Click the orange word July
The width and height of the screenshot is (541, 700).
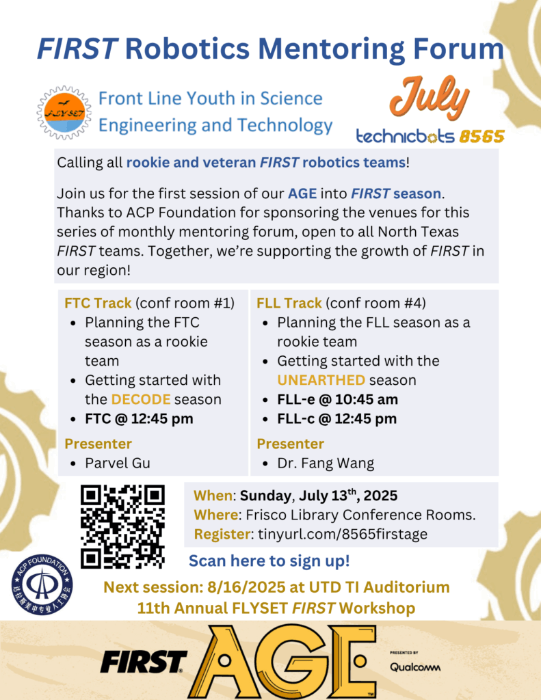pos(429,98)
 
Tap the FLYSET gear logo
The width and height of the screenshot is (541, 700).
pos(64,113)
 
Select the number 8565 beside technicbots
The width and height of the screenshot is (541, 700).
pos(482,136)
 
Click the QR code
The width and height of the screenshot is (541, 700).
pos(122,526)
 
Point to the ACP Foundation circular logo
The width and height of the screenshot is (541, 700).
pos(42,584)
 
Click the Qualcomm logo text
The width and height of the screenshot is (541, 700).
pos(415,667)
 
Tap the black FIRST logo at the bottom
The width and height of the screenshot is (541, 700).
pos(144,662)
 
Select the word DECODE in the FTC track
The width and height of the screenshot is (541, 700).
pos(141,399)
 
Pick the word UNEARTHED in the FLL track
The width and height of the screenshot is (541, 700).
pos(321,380)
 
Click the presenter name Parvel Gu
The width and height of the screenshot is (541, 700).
pos(118,463)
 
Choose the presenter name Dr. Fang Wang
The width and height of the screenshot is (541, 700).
pos(326,463)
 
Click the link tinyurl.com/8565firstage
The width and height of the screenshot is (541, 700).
pos(343,535)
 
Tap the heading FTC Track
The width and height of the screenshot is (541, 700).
pos(98,303)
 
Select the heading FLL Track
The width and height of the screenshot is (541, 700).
pos(289,303)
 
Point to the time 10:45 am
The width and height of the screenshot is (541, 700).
pos(367,399)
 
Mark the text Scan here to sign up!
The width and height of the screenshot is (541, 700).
pos(269,561)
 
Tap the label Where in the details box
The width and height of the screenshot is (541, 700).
pos(216,515)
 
